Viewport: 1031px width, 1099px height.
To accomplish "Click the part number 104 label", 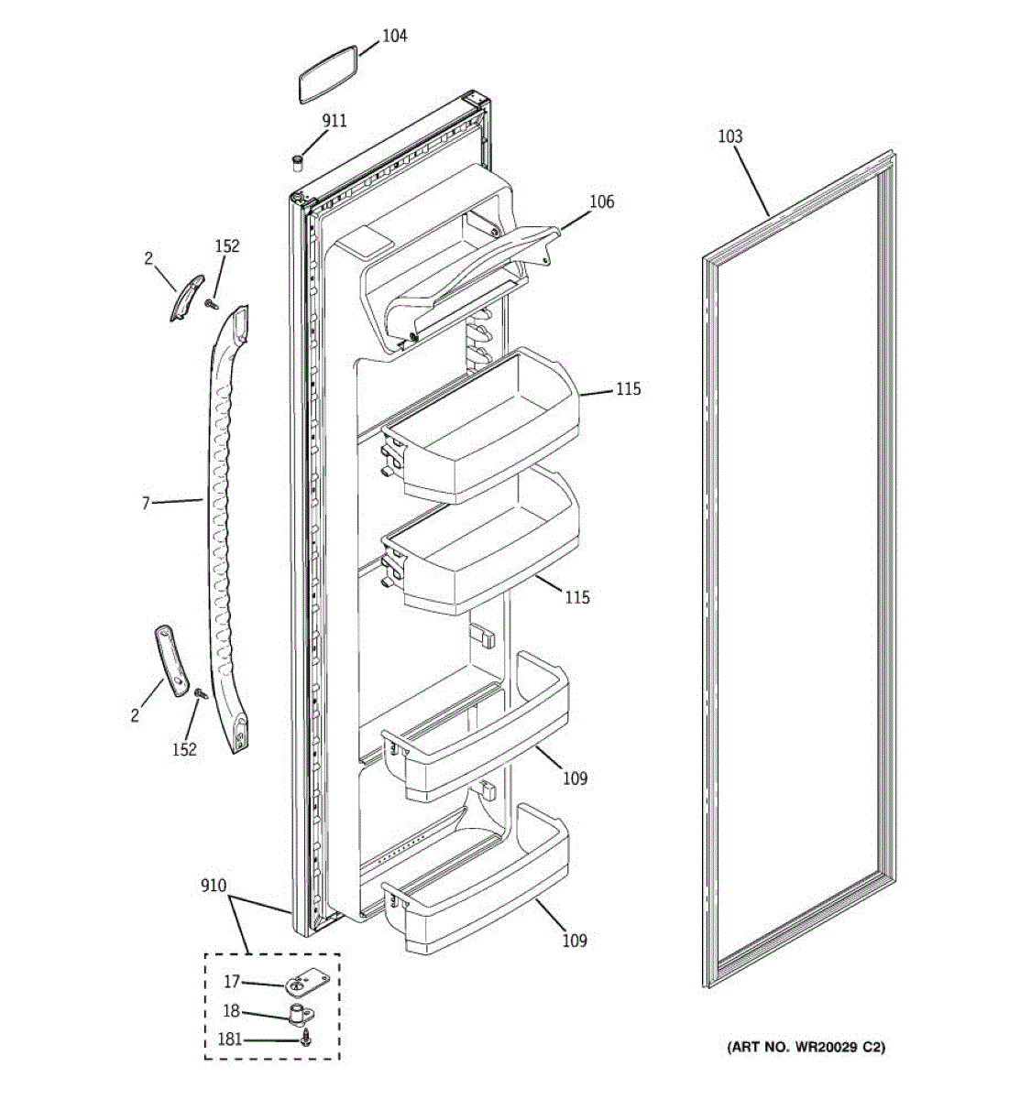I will [395, 36].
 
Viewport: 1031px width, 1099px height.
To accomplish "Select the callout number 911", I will [334, 121].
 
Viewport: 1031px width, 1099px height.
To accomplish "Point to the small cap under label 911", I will [298, 162].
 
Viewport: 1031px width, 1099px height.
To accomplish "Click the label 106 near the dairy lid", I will [601, 201].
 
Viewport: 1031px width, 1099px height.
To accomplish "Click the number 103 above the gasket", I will [729, 136].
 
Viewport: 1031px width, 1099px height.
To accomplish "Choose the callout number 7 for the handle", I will [146, 503].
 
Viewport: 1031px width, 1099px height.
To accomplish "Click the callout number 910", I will [214, 887].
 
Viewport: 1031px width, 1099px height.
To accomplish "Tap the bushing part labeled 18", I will [299, 1014].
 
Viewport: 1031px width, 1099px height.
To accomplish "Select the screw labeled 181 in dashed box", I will [308, 1039].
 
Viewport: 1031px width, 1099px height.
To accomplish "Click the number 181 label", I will [232, 1039].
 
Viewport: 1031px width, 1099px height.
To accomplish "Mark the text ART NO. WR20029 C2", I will [806, 1047].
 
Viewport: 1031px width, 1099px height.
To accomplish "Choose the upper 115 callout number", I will [628, 389].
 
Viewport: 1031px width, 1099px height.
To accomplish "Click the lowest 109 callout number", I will [575, 941].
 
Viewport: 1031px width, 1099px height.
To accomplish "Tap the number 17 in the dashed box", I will [232, 982].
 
